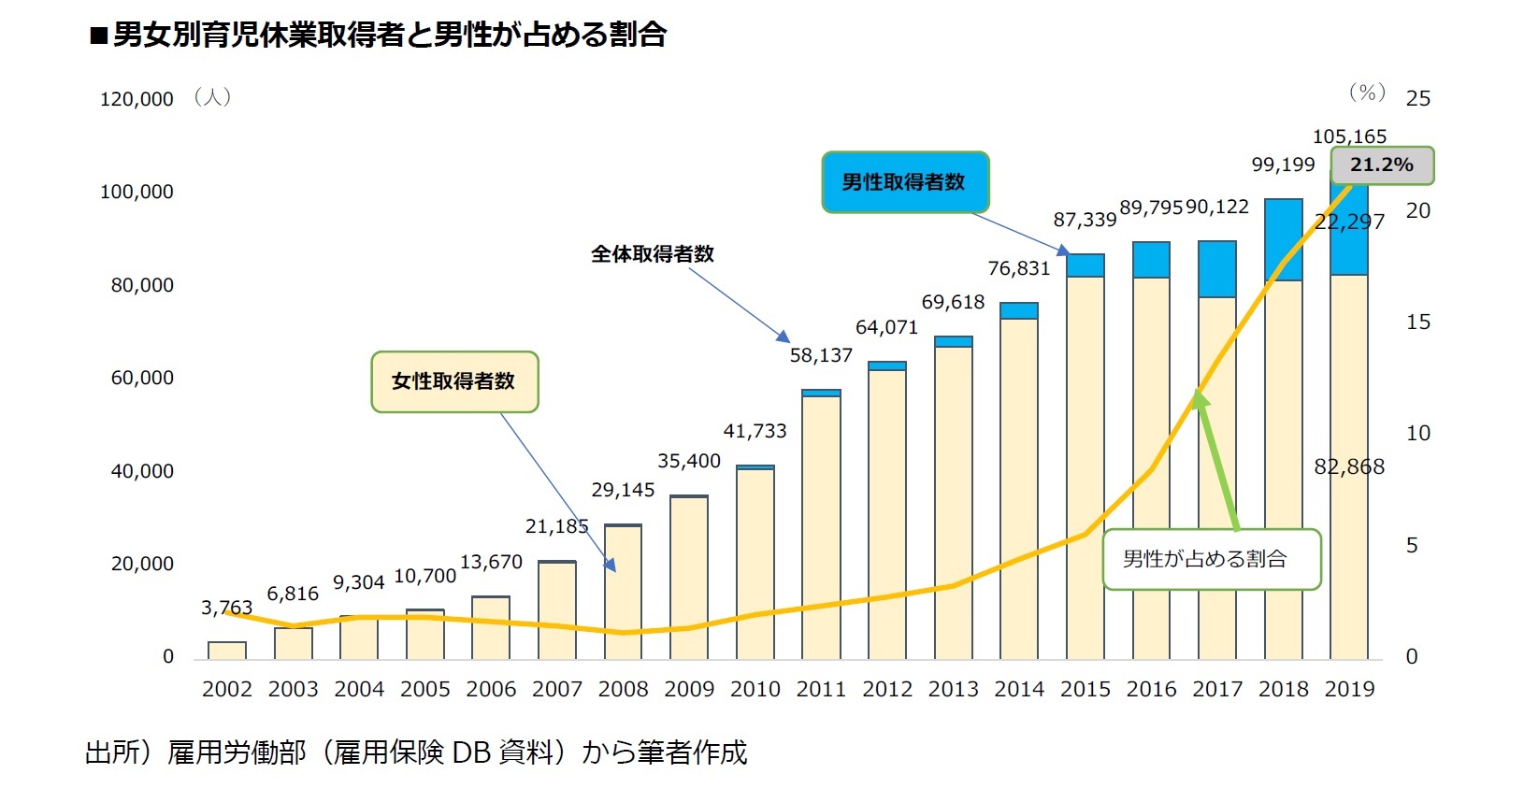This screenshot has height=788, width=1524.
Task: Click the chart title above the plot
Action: click(x=378, y=35)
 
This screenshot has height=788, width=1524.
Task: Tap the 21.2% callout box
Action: click(x=1381, y=165)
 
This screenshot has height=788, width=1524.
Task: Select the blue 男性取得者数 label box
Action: click(x=904, y=182)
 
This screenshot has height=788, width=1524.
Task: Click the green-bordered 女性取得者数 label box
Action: click(x=454, y=381)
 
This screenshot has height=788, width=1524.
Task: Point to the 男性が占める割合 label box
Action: click(x=1211, y=559)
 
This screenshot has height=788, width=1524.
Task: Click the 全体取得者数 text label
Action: click(x=653, y=254)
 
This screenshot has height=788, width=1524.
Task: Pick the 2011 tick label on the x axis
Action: click(x=821, y=690)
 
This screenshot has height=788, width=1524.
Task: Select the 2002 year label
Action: click(x=227, y=690)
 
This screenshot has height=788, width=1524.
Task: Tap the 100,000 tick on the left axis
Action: click(x=137, y=192)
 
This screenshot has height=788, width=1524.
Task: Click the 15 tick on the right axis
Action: click(x=1417, y=322)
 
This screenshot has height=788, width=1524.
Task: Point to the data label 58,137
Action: click(x=821, y=355)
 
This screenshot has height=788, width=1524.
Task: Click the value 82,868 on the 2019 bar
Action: click(x=1348, y=467)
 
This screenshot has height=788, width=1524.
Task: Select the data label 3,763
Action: click(x=226, y=609)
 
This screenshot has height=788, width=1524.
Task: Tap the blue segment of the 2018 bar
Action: click(x=1283, y=238)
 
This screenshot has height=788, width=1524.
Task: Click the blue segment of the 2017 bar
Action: click(x=1216, y=269)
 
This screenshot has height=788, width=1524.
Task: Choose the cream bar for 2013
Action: click(x=953, y=505)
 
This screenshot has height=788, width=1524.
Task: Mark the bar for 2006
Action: click(x=491, y=627)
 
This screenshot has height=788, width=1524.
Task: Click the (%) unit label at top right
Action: click(x=1367, y=93)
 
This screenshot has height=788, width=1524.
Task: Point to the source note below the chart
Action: click(x=416, y=752)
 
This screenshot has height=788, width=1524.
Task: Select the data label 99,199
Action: click(x=1283, y=165)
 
